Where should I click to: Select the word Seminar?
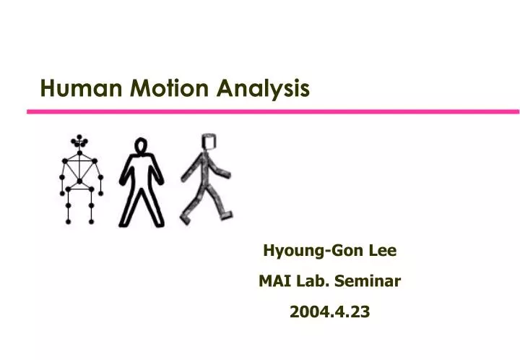pos(368,281)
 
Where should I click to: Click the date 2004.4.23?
pos(329,312)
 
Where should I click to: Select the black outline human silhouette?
pos(142,181)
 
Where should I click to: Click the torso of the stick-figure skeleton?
pos(80,171)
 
